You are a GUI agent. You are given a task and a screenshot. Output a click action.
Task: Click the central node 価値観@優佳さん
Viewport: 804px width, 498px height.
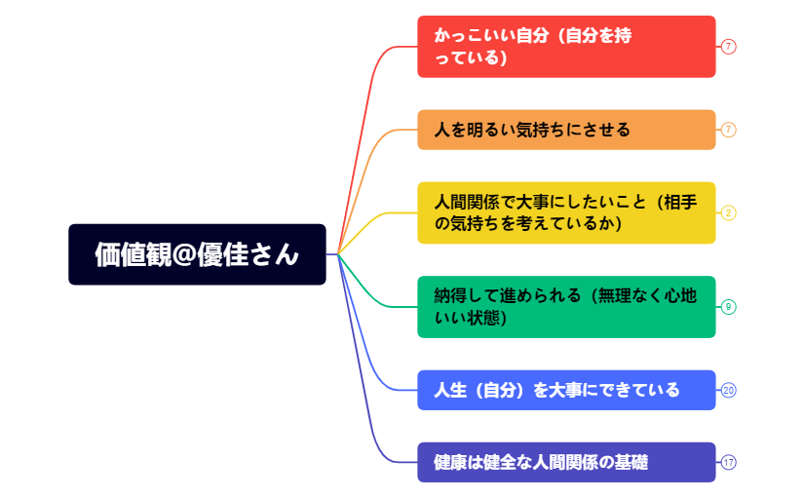(x=197, y=254)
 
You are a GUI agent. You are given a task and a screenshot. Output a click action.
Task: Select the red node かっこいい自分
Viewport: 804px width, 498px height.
(x=566, y=46)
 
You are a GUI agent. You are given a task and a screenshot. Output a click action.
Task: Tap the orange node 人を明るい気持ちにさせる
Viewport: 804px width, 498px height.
(x=566, y=130)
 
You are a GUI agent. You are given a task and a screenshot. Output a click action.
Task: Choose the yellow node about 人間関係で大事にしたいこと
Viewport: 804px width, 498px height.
(x=566, y=212)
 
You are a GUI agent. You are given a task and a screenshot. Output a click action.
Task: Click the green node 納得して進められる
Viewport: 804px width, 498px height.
(x=566, y=307)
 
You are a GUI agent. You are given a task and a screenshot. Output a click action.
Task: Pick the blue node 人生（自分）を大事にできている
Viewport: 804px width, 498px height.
(x=566, y=390)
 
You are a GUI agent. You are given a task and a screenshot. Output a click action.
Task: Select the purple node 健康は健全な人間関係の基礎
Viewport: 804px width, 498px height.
(x=566, y=462)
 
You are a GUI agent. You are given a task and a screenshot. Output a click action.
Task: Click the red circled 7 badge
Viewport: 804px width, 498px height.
(x=729, y=46)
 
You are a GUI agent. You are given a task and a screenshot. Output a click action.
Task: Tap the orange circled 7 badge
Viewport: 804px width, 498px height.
(x=729, y=130)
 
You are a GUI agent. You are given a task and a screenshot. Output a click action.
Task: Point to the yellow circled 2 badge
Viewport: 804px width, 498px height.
(x=729, y=212)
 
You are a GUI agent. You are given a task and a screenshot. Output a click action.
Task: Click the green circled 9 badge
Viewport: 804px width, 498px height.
(x=729, y=307)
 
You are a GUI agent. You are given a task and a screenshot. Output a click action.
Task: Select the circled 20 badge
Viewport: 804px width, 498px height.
(x=729, y=390)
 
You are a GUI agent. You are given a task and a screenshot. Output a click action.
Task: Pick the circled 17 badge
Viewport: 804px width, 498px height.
(x=729, y=462)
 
